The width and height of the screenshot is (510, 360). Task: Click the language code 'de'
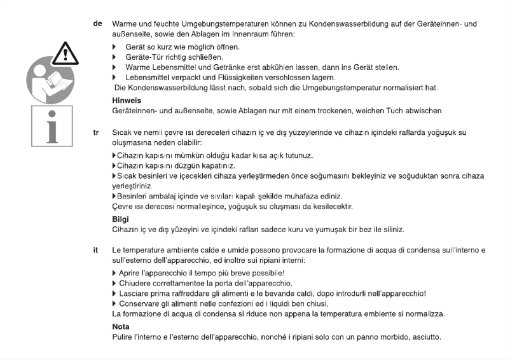tap(97, 24)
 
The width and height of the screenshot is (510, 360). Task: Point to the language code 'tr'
tap(97, 135)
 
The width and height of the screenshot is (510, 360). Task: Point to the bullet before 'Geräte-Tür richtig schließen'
tap(115, 57)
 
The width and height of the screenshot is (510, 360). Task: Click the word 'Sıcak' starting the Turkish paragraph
tap(122, 135)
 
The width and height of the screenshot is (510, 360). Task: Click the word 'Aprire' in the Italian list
tap(132, 273)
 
